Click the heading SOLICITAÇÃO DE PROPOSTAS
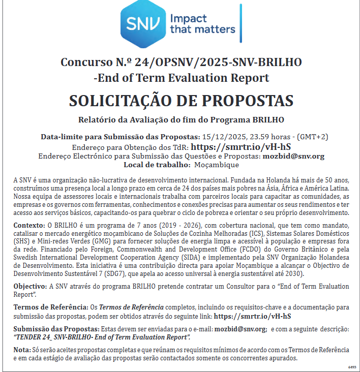[181, 101]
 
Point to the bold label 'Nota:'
[21, 350]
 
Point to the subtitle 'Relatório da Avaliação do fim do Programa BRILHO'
[181, 120]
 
